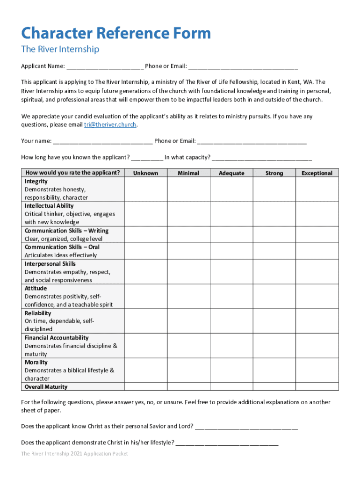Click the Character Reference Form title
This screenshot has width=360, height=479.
pyautogui.click(x=116, y=33)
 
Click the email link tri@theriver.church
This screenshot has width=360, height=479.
pyautogui.click(x=110, y=124)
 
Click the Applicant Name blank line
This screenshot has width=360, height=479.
pyautogui.click(x=105, y=66)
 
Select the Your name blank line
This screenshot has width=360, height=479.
pyautogui.click(x=102, y=141)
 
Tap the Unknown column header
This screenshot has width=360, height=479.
pyautogui.click(x=145, y=173)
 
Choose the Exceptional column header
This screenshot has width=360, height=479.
pyautogui.click(x=317, y=173)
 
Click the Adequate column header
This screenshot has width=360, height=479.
pyautogui.click(x=231, y=173)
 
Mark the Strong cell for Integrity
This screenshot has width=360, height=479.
pyautogui.click(x=274, y=189)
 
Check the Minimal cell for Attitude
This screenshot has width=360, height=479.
pyautogui.click(x=188, y=296)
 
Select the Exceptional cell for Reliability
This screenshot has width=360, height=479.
pyautogui.click(x=317, y=321)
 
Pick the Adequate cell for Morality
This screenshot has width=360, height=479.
pyautogui.click(x=231, y=370)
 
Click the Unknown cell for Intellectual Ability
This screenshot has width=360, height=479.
pyautogui.click(x=145, y=214)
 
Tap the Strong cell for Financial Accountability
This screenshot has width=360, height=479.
pyautogui.click(x=274, y=346)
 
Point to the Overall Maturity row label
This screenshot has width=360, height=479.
pyautogui.click(x=46, y=387)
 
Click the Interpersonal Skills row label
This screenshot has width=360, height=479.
pyautogui.click(x=50, y=264)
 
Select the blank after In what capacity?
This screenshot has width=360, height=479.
pyautogui.click(x=262, y=157)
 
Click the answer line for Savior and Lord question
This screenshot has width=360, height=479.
pyautogui.click(x=246, y=426)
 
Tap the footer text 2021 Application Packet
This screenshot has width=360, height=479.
pyautogui.click(x=74, y=454)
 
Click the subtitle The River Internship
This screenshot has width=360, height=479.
pyautogui.click(x=60, y=49)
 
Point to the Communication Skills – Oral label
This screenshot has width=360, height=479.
pyautogui.click(x=62, y=247)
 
